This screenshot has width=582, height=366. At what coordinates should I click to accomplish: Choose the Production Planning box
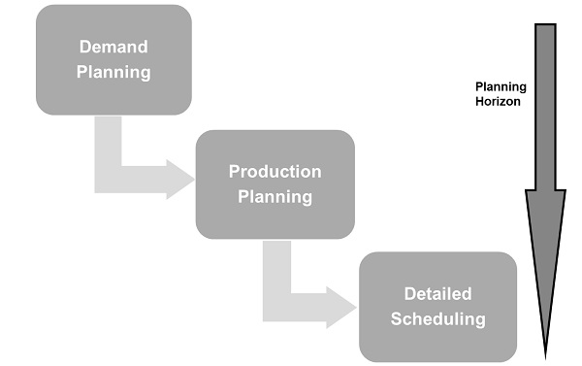tap(275, 184)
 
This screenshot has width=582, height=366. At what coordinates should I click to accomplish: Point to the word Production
tap(275, 172)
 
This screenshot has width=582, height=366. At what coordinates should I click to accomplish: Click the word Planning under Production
tap(275, 196)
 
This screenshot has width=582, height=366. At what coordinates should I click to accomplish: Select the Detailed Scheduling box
tap(437, 306)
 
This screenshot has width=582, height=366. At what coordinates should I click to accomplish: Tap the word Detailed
tap(437, 293)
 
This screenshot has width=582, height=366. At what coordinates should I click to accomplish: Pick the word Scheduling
tap(437, 318)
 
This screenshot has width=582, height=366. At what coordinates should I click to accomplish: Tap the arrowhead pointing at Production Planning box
tap(179, 179)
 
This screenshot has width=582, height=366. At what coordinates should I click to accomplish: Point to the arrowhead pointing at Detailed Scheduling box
tap(341, 306)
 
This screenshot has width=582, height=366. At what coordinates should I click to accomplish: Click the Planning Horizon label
tap(499, 91)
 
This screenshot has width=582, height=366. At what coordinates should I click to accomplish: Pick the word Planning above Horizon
tap(499, 84)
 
